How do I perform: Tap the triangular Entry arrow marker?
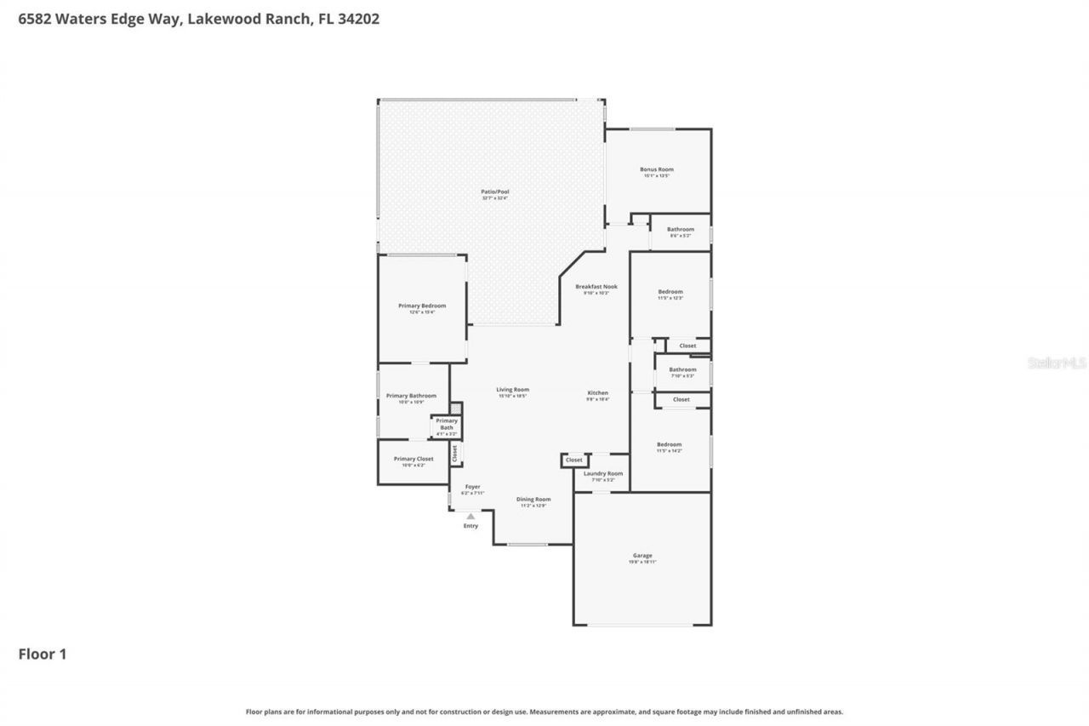[470, 516]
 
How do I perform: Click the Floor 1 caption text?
[43, 654]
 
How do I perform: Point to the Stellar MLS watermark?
[1057, 363]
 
